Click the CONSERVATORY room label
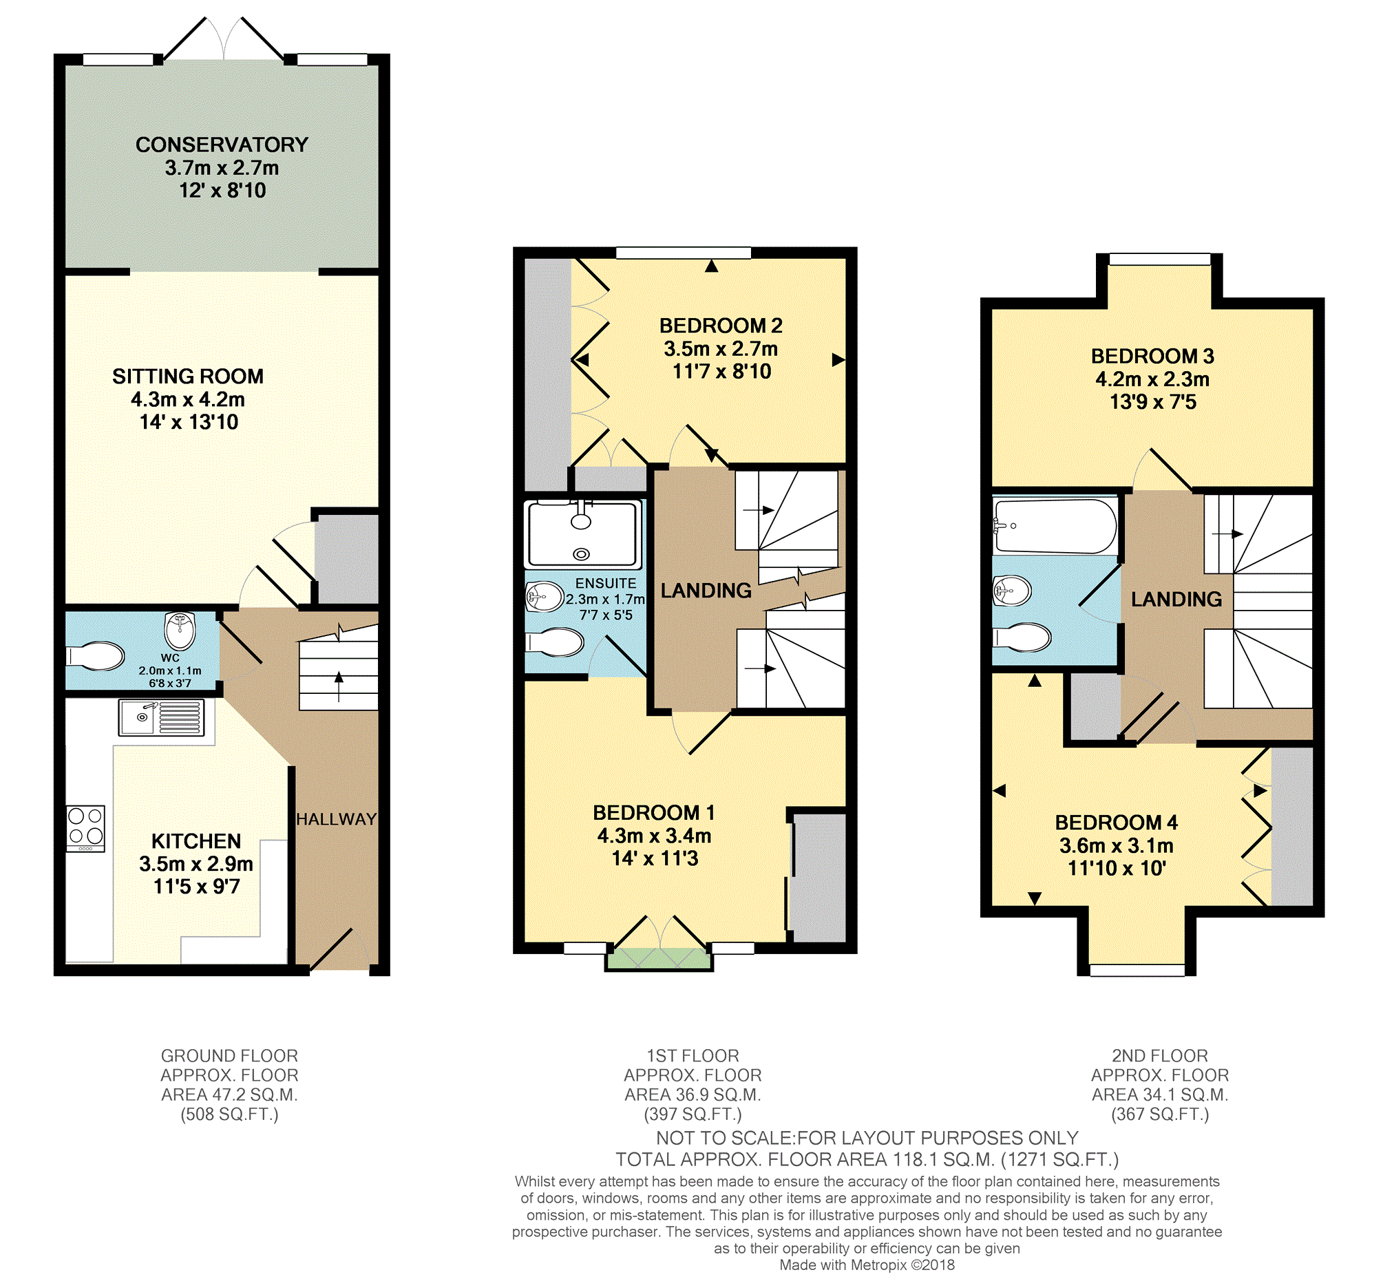click(222, 145)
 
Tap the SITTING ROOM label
click(188, 377)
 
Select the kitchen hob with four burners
click(86, 828)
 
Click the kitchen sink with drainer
click(161, 718)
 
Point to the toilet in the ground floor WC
click(96, 656)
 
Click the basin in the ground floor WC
click(180, 630)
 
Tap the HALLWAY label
click(337, 819)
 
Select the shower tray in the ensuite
click(583, 535)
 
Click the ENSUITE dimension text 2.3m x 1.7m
click(605, 600)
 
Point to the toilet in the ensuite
click(555, 642)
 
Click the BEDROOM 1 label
click(654, 812)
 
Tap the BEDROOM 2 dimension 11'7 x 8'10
click(722, 372)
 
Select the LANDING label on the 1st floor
click(706, 591)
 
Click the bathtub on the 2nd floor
click(1055, 526)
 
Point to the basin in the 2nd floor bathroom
click(1013, 591)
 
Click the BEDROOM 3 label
click(1152, 357)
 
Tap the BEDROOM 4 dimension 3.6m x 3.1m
click(1117, 846)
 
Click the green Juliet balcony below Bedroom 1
click(659, 960)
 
